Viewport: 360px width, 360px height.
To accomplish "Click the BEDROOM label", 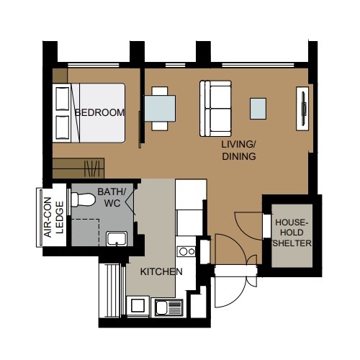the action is [99, 112].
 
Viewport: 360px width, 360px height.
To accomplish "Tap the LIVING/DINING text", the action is [239, 150].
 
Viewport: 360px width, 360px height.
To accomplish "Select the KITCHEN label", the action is [161, 271].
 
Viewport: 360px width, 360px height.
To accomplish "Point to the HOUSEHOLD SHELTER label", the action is [292, 233].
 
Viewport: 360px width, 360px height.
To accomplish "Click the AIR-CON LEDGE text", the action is [55, 217].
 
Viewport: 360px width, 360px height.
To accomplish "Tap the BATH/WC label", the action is [112, 197].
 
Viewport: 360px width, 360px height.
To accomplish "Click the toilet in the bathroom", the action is [83, 199].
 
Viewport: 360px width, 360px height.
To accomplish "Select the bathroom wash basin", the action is [117, 238].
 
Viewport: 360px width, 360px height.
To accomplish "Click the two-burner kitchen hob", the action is [186, 251].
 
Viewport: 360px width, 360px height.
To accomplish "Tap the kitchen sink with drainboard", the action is [168, 307].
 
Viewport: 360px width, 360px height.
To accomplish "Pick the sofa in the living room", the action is [215, 109].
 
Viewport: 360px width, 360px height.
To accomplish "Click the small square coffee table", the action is [258, 109].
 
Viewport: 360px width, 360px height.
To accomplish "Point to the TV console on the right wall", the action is [302, 109].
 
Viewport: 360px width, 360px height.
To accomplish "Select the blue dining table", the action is [160, 109].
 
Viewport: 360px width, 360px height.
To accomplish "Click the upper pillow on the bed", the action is [63, 99].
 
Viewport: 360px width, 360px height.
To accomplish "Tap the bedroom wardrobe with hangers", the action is [78, 168].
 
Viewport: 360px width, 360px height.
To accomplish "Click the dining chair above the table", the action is [160, 91].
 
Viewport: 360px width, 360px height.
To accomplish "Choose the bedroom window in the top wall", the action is [94, 65].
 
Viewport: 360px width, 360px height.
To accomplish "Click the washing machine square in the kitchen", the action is [138, 305].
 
